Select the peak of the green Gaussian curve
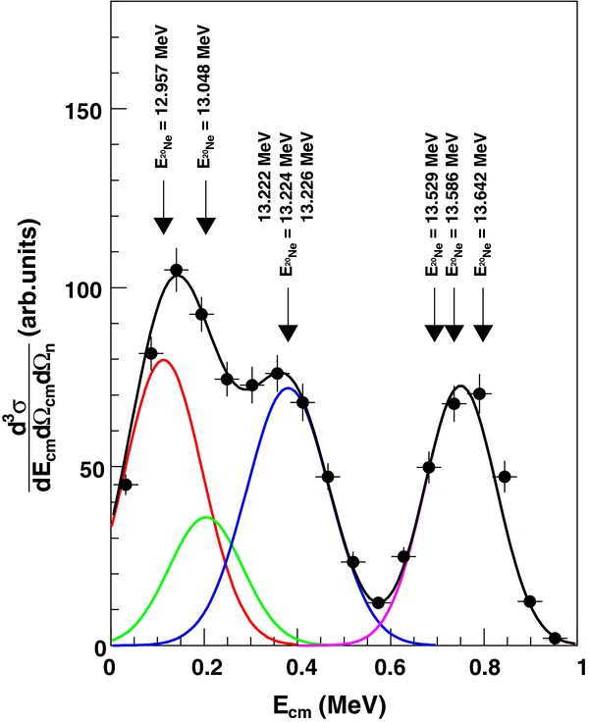[204, 517]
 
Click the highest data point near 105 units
[177, 270]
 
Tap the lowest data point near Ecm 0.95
[556, 638]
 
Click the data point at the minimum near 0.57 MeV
[379, 602]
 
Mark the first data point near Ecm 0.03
[125, 485]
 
